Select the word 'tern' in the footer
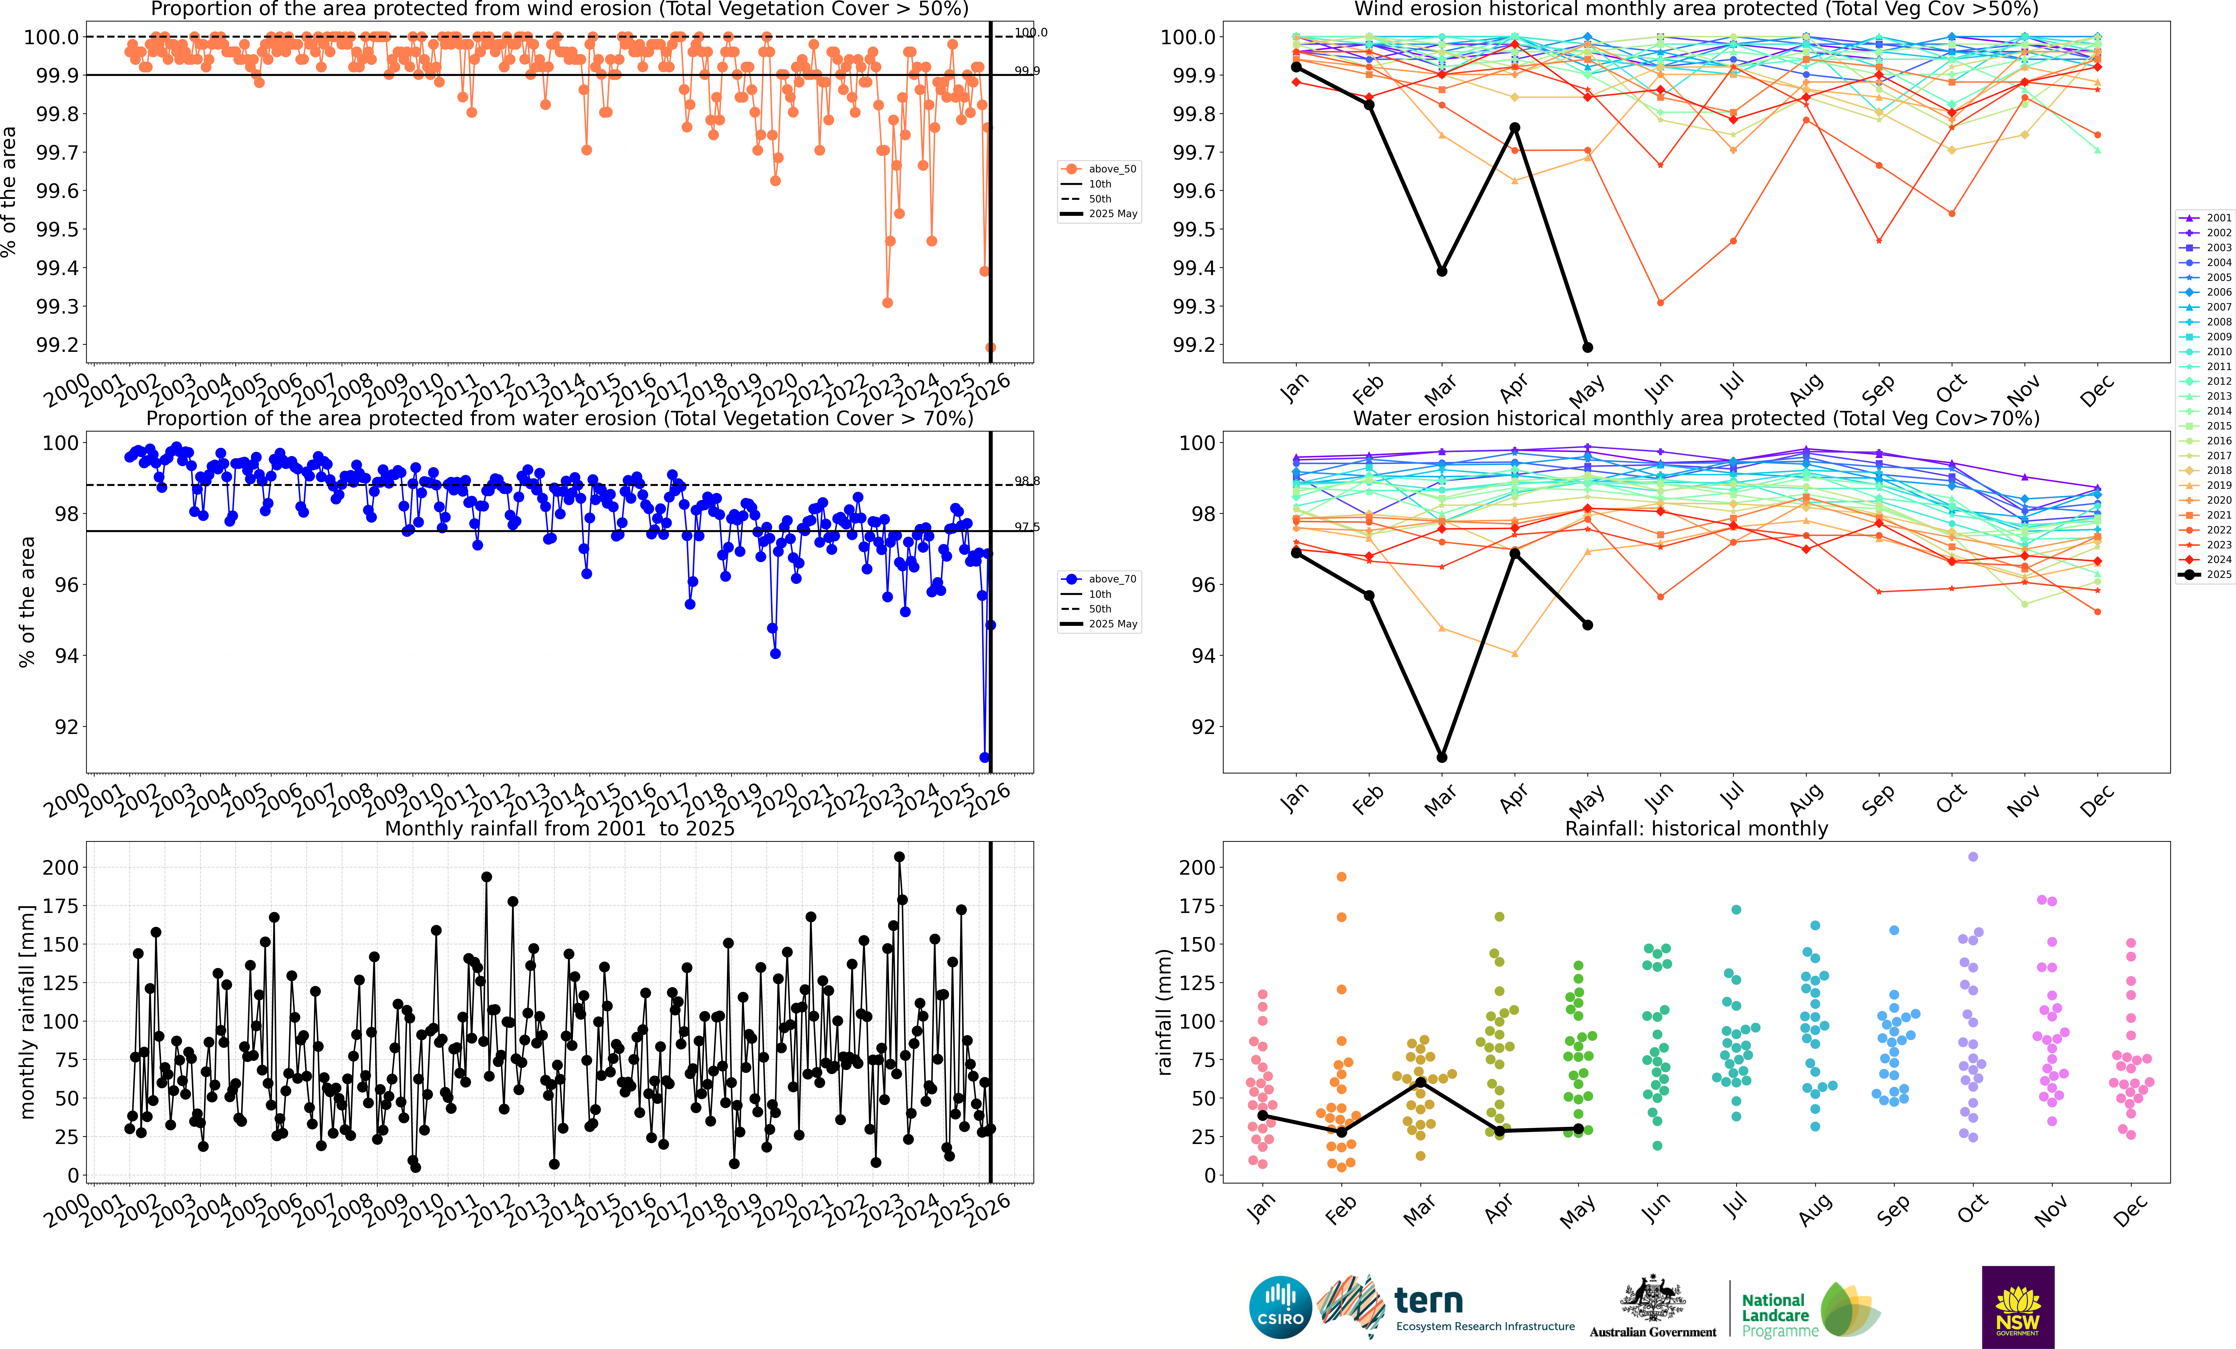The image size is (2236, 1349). (x=1428, y=1301)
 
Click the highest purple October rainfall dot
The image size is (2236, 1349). (x=1973, y=856)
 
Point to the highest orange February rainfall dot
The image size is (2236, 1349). (x=1341, y=876)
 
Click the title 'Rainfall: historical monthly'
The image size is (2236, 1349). (x=1696, y=828)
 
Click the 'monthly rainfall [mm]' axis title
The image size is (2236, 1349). (x=27, y=1012)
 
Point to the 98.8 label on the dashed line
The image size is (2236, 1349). (x=1026, y=481)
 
